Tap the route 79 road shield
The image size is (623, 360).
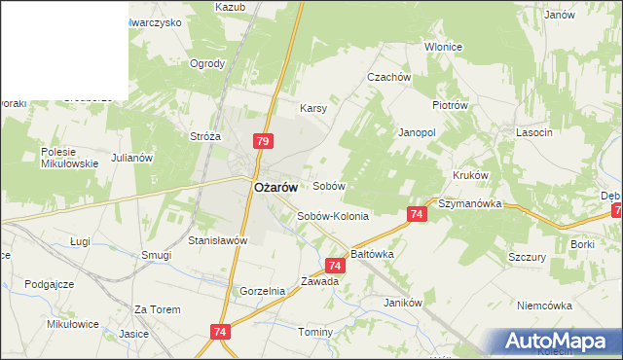(x=262, y=142)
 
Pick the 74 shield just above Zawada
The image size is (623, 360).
(x=335, y=265)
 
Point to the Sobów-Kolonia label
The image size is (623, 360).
(x=333, y=216)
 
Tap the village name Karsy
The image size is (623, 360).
(x=312, y=108)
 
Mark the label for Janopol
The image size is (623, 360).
(x=416, y=131)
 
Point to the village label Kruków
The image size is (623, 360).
(x=469, y=175)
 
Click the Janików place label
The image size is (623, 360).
(x=402, y=303)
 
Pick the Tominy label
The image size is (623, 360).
(x=315, y=332)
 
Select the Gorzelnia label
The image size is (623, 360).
(x=262, y=291)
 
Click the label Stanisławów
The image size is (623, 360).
(x=219, y=239)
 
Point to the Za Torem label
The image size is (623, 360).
(x=158, y=309)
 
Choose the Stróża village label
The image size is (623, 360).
(x=206, y=137)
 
